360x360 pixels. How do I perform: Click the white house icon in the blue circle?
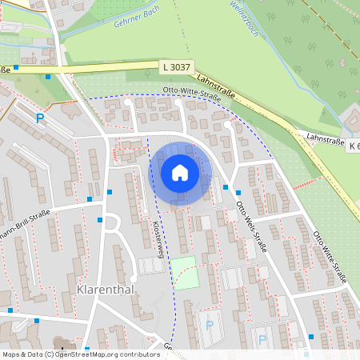click(x=180, y=173)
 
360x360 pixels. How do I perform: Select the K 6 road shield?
click(x=354, y=146)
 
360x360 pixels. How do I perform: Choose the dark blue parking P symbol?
click(x=39, y=118)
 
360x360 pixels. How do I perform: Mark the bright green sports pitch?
click(x=186, y=272)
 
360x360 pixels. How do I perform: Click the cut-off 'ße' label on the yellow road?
click(x=5, y=70)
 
